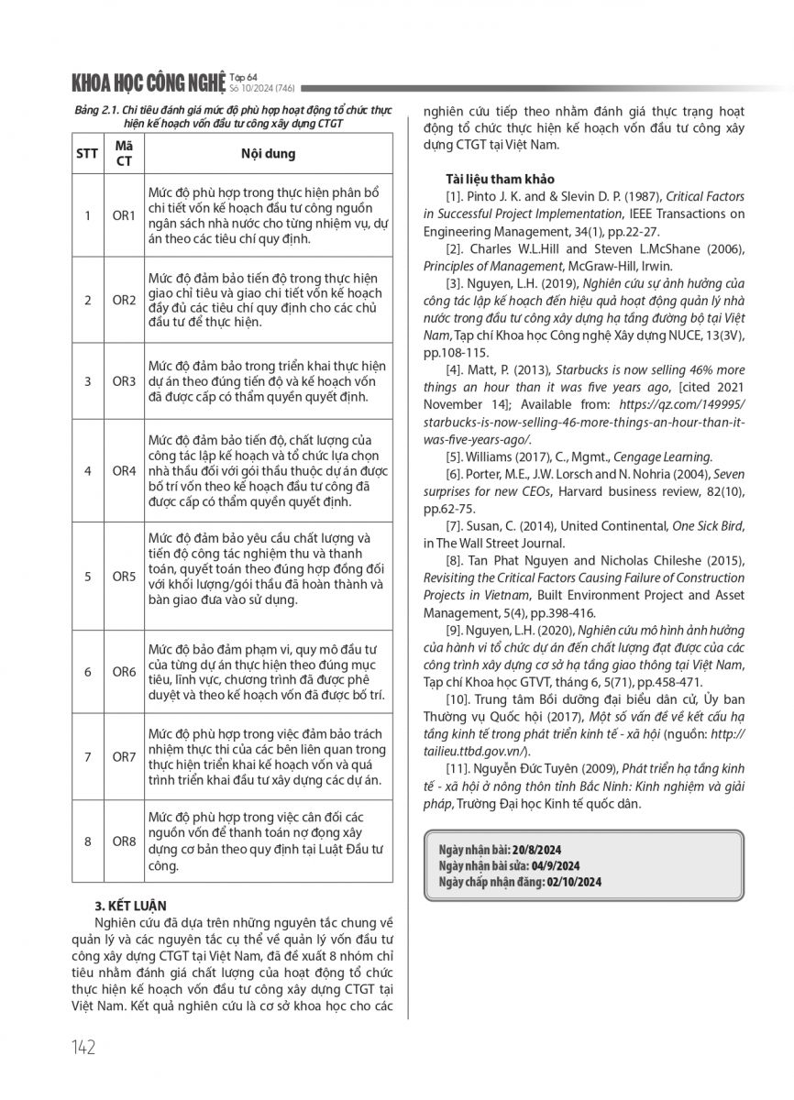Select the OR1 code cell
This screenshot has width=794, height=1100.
[x=124, y=216]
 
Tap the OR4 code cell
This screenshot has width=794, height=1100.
[x=124, y=470]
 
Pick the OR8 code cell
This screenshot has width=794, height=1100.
[x=124, y=841]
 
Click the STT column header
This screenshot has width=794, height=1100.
[x=87, y=153]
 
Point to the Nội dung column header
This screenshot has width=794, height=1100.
[x=268, y=153]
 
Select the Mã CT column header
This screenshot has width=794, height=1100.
[x=124, y=153]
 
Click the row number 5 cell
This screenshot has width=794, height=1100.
[x=87, y=577]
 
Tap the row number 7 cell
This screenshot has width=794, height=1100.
[x=87, y=757]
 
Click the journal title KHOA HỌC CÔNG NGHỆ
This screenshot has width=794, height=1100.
[x=147, y=83]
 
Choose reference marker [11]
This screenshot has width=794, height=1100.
[x=458, y=771]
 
